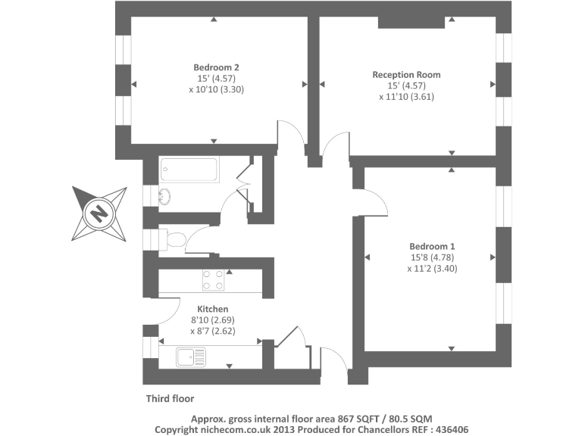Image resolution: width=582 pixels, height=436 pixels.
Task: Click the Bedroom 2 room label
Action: (x=216, y=64)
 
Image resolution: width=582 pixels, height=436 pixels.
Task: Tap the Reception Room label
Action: (x=406, y=75)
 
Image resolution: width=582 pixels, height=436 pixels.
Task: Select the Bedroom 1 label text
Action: (x=432, y=247)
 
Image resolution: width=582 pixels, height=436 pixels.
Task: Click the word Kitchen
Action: (x=213, y=309)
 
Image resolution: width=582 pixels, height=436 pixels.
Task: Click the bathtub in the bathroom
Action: (x=189, y=170)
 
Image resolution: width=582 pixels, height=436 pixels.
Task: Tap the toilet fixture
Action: (x=172, y=241)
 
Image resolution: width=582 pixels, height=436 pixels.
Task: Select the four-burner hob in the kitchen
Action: (x=213, y=280)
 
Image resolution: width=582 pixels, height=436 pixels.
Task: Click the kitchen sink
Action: (x=189, y=356)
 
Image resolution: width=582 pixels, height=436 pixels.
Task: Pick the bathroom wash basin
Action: (x=164, y=196)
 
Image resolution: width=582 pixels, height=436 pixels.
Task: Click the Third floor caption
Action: (x=170, y=398)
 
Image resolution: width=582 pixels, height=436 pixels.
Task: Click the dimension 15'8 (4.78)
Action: (x=432, y=257)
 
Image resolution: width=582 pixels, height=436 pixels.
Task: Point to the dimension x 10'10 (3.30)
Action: (x=216, y=89)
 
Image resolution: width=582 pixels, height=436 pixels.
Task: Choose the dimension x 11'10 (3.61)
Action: (x=406, y=96)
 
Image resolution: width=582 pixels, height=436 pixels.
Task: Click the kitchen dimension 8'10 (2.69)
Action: (x=213, y=320)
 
